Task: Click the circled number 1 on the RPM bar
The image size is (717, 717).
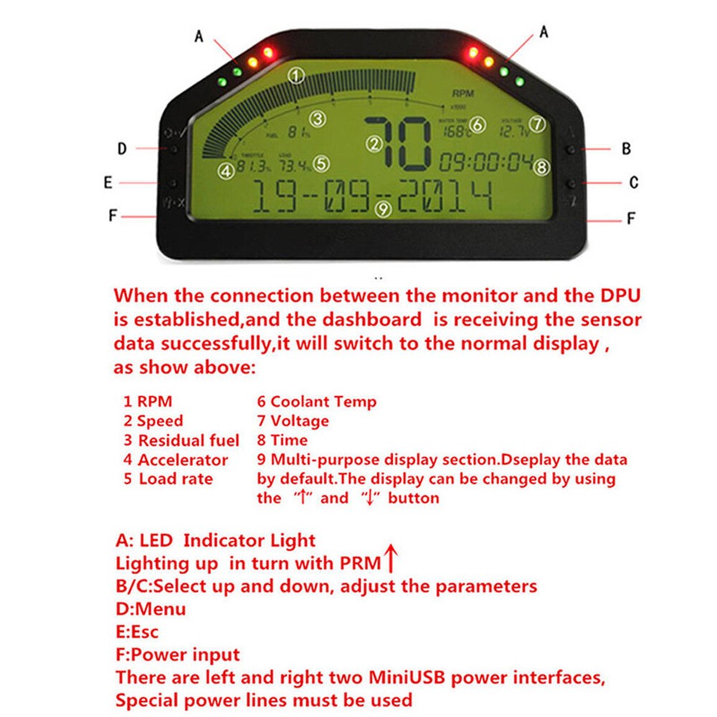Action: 297,75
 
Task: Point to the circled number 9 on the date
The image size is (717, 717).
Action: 383,209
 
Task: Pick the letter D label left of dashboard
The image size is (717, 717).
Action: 122,149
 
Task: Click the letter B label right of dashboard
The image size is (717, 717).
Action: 626,149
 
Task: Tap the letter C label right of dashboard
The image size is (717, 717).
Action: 633,182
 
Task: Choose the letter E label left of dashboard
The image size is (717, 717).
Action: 108,182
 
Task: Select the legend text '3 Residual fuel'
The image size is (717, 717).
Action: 181,441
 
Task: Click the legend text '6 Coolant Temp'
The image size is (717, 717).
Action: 317,402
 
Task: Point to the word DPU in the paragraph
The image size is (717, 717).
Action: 618,295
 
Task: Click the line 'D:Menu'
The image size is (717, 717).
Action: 150,609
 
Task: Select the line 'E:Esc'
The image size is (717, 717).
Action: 137,632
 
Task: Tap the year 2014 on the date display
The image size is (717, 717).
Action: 445,197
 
